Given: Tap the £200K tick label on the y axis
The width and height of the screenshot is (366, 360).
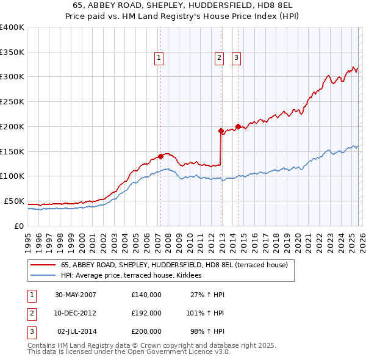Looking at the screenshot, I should [12, 126].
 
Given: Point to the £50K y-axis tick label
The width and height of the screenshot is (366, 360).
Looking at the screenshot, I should [14, 201].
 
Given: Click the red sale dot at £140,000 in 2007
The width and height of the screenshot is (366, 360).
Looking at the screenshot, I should [160, 156].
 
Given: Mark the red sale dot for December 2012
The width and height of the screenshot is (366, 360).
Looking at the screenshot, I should [221, 130].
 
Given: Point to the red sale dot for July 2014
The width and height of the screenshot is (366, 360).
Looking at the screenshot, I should [238, 126].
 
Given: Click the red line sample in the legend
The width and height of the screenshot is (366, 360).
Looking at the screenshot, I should [43, 265].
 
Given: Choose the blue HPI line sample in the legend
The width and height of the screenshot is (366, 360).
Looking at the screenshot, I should [43, 276].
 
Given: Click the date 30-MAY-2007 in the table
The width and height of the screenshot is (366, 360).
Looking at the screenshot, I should [76, 295].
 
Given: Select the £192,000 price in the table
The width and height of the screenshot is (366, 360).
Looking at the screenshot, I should [146, 313].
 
